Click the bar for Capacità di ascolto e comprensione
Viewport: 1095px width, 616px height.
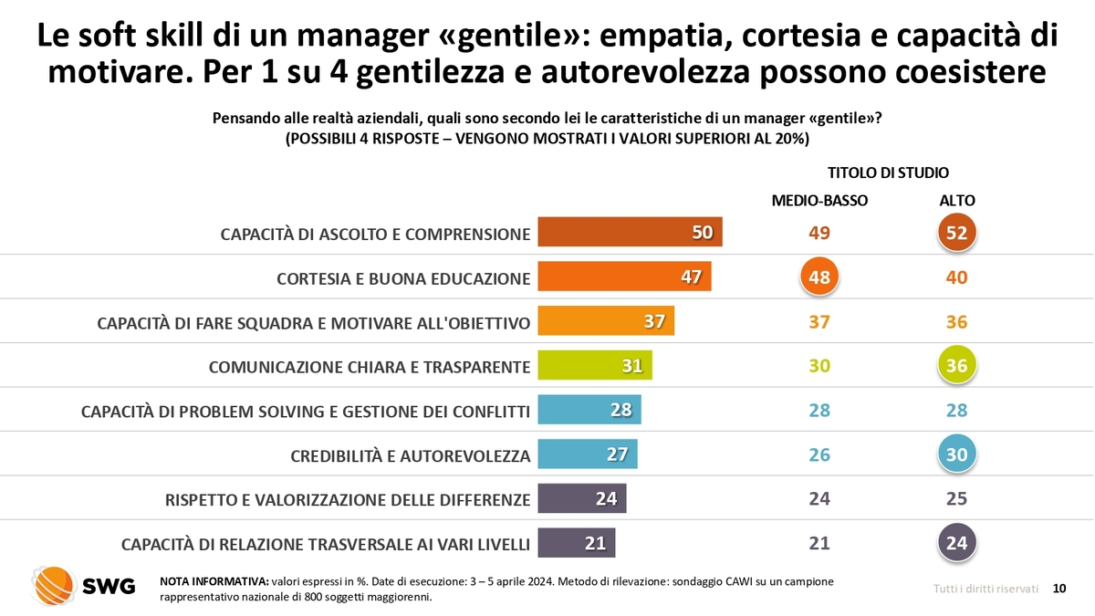(630, 233)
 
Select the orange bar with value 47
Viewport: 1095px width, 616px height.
(624, 277)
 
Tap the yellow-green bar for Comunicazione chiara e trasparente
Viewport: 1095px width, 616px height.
(595, 366)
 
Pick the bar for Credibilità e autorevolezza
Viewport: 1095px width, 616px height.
(587, 454)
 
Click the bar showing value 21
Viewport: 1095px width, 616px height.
(576, 543)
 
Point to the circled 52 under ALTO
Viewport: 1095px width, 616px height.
(956, 234)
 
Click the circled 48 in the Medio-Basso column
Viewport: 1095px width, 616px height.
(819, 278)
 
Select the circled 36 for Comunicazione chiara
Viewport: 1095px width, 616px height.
(956, 366)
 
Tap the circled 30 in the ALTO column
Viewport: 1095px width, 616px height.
(956, 454)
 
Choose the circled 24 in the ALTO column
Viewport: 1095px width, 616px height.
(956, 543)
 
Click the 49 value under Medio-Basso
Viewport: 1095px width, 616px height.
(819, 234)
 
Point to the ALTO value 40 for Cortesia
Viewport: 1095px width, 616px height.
(956, 277)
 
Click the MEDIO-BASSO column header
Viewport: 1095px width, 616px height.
(819, 201)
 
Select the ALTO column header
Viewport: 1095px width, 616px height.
(956, 201)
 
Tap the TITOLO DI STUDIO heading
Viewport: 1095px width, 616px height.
(888, 172)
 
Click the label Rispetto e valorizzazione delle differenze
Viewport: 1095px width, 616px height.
(348, 500)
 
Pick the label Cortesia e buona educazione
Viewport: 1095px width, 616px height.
(403, 278)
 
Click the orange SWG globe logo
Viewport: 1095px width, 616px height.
(53, 586)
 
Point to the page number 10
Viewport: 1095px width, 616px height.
(1059, 589)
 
